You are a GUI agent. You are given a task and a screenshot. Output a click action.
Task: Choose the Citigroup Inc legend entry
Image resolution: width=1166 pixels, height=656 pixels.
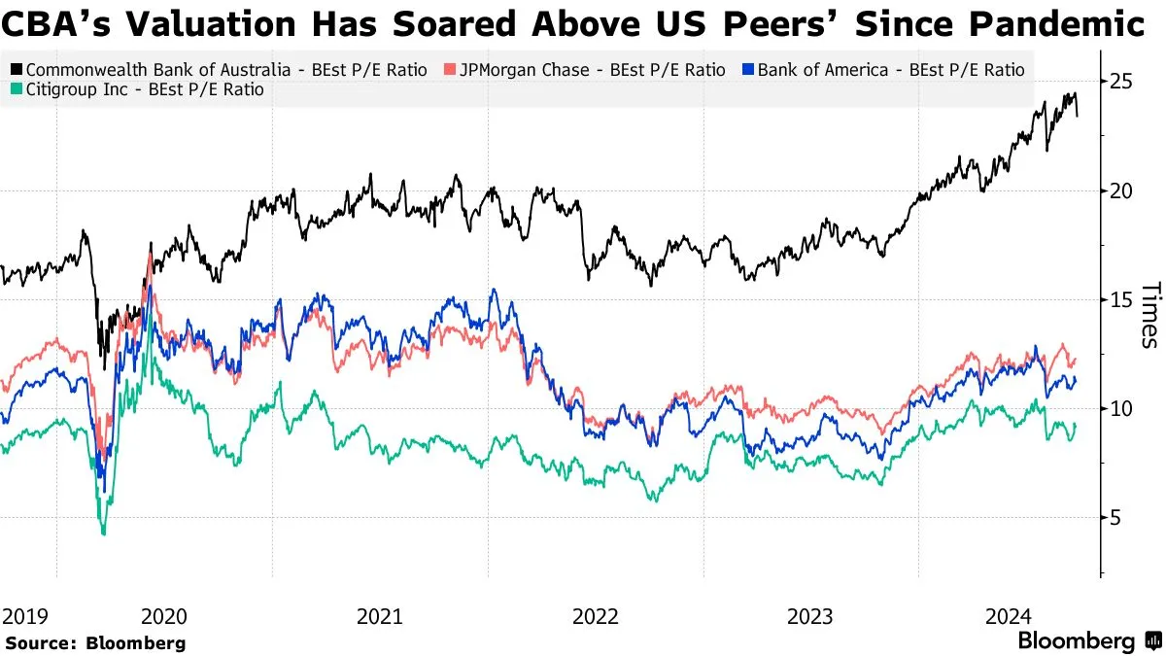point(138,91)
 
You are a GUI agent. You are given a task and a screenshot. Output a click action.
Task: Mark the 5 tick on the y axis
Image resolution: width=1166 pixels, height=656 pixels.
point(1117,517)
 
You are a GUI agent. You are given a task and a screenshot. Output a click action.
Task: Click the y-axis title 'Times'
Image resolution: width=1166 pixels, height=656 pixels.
point(1149,314)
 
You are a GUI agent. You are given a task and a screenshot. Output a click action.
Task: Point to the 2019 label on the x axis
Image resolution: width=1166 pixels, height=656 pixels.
point(24,616)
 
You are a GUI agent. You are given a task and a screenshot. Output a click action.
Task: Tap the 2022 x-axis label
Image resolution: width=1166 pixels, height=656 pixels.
point(595,616)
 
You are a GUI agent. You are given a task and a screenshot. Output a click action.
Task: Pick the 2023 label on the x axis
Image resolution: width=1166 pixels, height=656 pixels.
point(810,616)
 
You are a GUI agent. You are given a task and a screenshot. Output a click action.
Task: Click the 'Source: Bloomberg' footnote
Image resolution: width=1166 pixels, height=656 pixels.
point(95,642)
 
